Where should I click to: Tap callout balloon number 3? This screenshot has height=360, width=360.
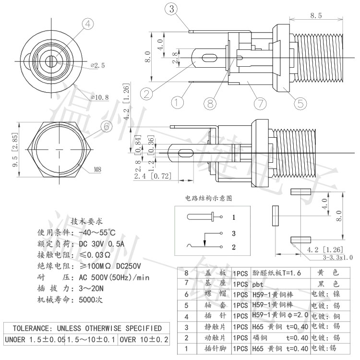[173, 8]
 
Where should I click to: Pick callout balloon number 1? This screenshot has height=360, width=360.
[178, 102]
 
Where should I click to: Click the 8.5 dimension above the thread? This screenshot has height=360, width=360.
[315, 16]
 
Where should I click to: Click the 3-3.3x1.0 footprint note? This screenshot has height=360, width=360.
[337, 257]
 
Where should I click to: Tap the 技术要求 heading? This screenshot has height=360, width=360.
[86, 222]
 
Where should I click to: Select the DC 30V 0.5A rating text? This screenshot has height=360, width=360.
[101, 243]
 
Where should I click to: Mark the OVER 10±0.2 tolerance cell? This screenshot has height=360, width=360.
[144, 340]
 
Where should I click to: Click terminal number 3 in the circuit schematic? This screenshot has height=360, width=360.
[233, 233]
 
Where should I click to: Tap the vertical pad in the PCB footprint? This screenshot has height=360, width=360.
[276, 216]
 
